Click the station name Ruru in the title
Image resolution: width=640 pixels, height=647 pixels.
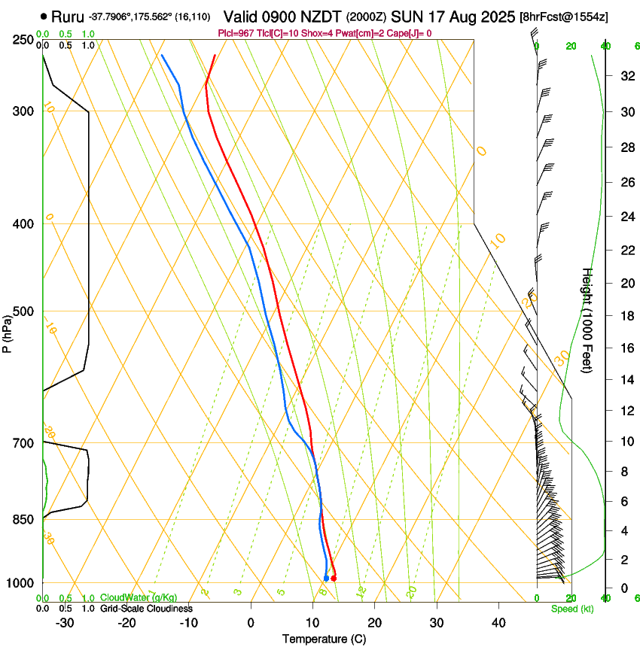[x=67, y=17]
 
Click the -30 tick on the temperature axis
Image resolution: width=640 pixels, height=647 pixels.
[x=65, y=622]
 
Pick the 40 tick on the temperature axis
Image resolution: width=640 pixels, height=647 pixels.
[x=498, y=622]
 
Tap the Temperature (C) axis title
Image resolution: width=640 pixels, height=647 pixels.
[x=324, y=639]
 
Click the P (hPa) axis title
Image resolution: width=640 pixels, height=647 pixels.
[x=8, y=332]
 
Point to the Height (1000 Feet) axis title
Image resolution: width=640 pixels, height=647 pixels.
[x=587, y=320]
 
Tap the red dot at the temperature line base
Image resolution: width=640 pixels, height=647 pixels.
[x=334, y=578]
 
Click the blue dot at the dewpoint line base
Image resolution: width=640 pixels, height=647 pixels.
[x=326, y=579]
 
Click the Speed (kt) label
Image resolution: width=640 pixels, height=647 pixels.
[x=571, y=609]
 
